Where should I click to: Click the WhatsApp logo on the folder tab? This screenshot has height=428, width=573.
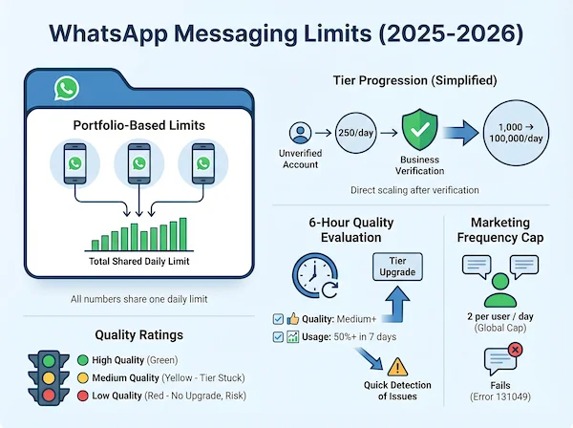(x=66, y=89)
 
